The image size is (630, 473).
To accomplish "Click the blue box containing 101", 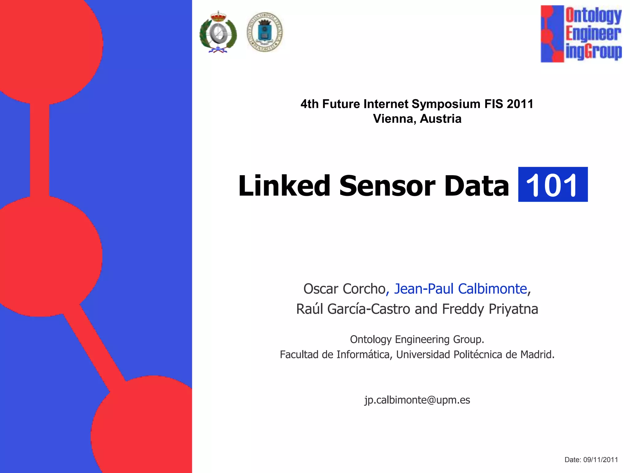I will [553, 184].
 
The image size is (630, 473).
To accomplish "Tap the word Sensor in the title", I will [387, 186].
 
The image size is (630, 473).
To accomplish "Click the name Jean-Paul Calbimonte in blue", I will [461, 289].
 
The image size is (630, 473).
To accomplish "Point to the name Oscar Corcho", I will [344, 289].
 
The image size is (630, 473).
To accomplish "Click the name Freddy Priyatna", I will [490, 309].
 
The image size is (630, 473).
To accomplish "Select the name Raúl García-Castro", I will [353, 309].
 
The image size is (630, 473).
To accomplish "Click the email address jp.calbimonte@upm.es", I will [417, 400].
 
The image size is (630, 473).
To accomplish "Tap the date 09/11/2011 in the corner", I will [600, 460].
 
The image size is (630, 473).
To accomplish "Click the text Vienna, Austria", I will [417, 119].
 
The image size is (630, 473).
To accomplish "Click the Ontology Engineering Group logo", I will [581, 34].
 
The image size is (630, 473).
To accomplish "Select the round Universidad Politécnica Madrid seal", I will [265, 32].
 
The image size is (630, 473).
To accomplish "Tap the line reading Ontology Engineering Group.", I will [417, 339].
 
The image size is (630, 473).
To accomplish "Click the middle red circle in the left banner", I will [46, 256].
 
